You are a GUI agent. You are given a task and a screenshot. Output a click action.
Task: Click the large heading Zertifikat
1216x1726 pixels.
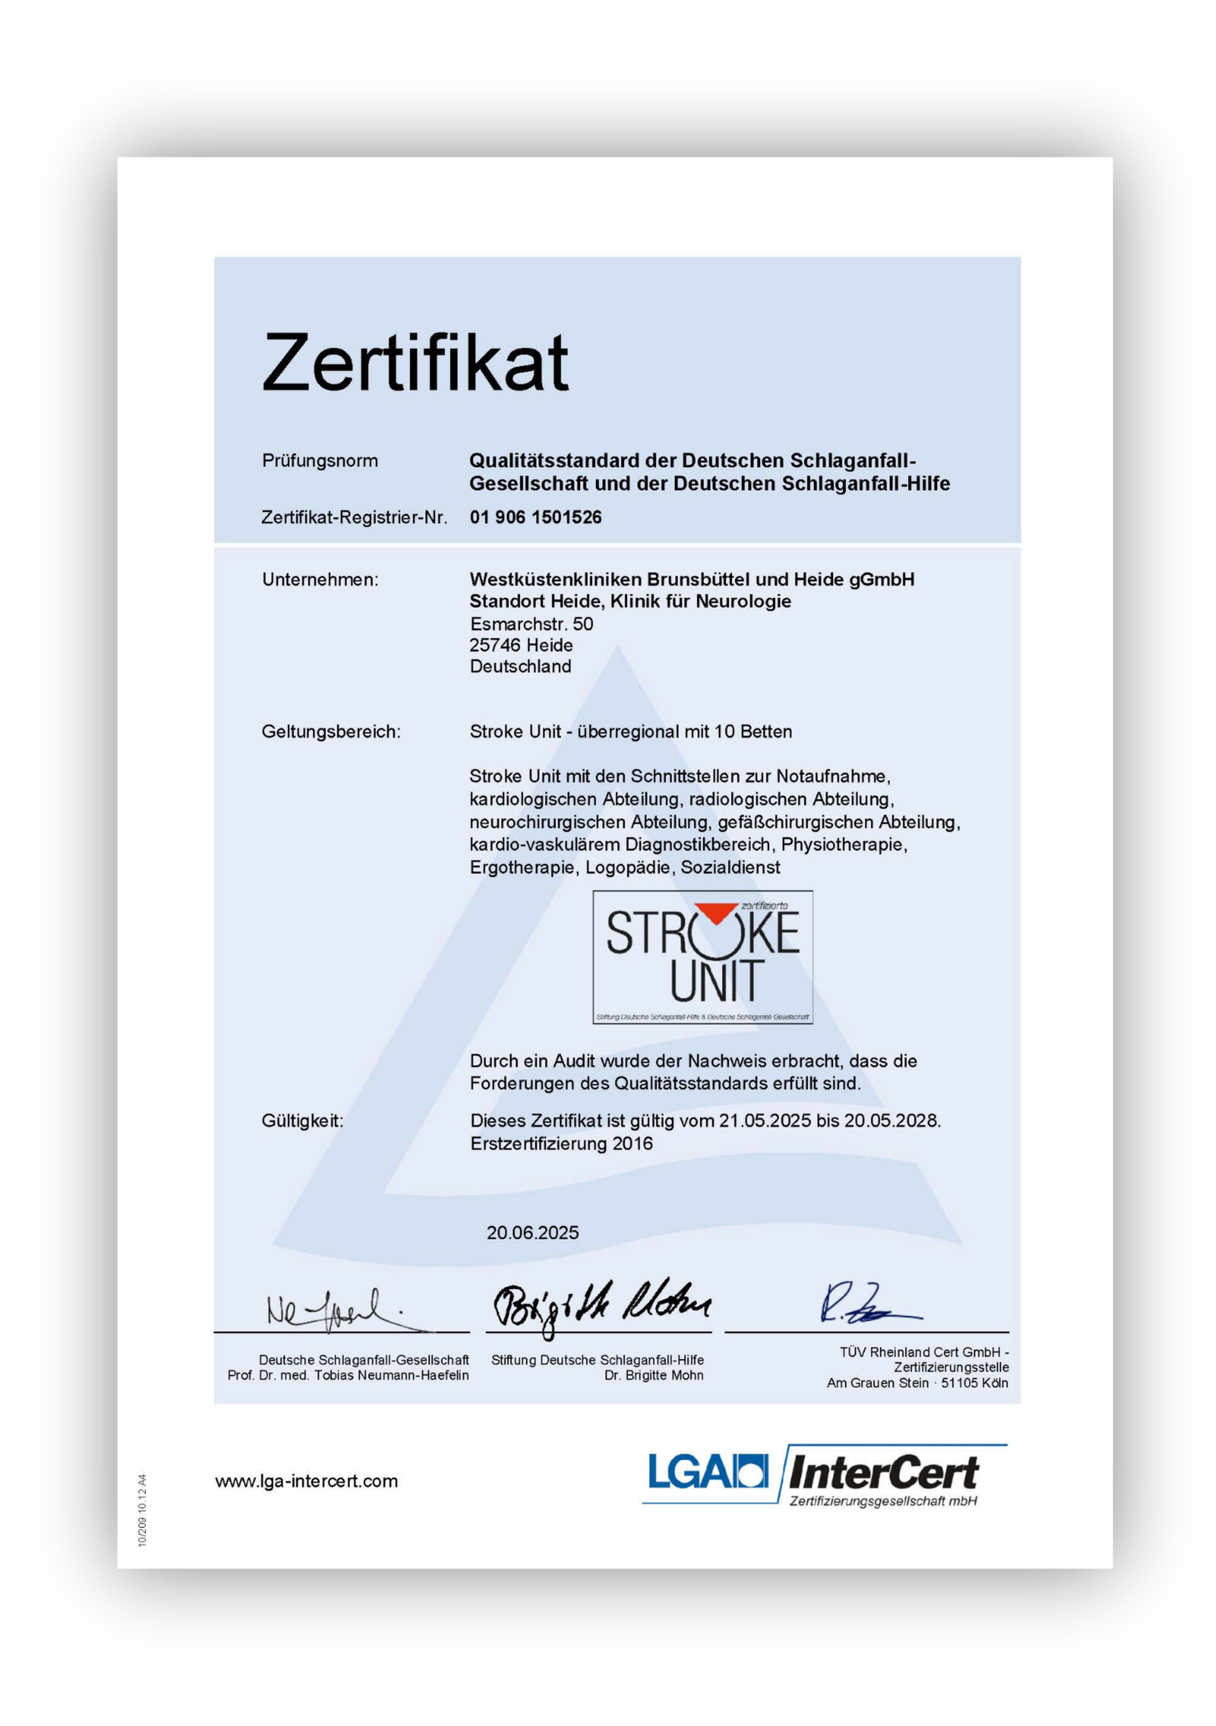click(x=414, y=363)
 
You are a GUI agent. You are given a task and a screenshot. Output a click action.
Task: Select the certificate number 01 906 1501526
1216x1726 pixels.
click(x=535, y=518)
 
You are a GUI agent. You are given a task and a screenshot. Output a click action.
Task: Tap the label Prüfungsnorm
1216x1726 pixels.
click(x=319, y=461)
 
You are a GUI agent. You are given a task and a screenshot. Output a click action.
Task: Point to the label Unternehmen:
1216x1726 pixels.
click(x=320, y=579)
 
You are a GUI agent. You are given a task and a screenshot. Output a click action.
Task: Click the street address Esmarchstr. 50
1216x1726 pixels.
click(x=531, y=624)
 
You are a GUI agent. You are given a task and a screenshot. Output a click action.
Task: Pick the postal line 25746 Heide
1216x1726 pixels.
click(x=521, y=645)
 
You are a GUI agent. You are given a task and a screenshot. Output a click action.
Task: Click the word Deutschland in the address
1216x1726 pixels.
click(x=520, y=667)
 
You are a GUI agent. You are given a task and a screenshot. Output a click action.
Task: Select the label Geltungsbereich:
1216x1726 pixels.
click(x=331, y=731)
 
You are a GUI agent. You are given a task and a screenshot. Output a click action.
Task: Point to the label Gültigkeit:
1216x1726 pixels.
click(x=302, y=1120)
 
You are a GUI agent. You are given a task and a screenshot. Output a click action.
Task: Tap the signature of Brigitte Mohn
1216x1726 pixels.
click(x=600, y=1304)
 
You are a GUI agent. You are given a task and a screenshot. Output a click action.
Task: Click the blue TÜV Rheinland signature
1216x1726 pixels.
click(x=866, y=1303)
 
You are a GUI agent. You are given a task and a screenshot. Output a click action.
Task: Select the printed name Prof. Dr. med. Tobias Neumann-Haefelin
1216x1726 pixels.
click(x=348, y=1376)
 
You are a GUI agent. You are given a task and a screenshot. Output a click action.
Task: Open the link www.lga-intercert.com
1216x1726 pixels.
click(x=306, y=1481)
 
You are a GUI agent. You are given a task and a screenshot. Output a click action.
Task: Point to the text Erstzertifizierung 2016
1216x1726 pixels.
click(x=561, y=1144)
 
